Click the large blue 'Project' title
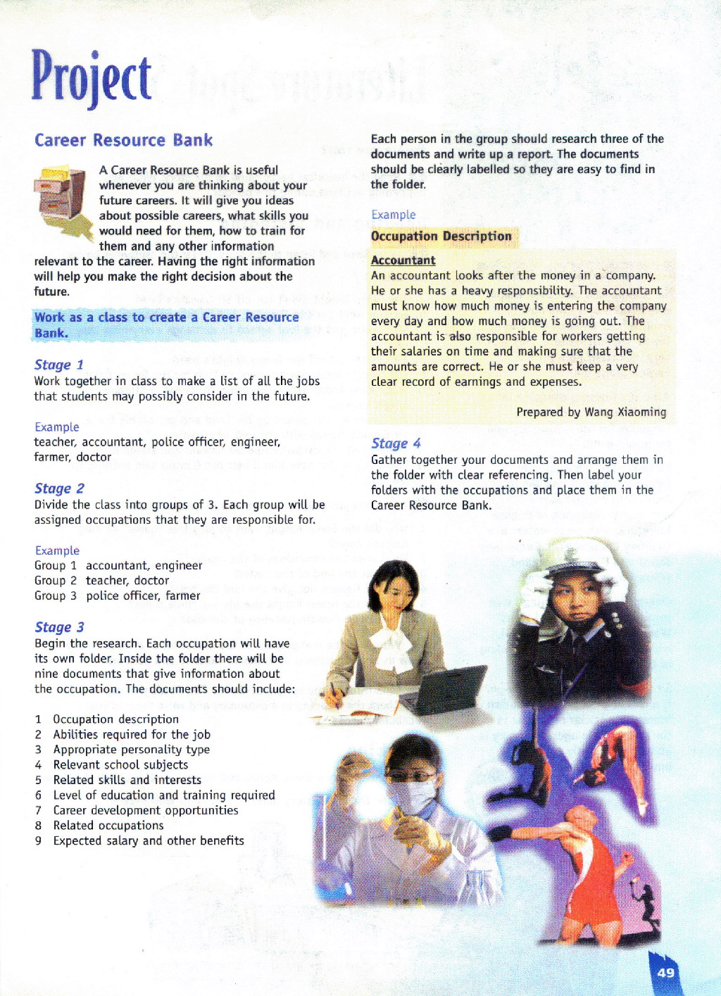pyautogui.click(x=92, y=77)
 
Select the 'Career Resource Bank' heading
pyautogui.click(x=123, y=140)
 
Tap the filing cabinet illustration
pyautogui.click(x=62, y=199)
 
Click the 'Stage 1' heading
pyautogui.click(x=59, y=365)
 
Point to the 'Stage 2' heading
pyautogui.click(x=59, y=488)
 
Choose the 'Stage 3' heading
pyautogui.click(x=59, y=627)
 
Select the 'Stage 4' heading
pyautogui.click(x=396, y=443)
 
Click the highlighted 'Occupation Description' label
pyautogui.click(x=441, y=237)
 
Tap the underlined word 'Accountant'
pyautogui.click(x=403, y=260)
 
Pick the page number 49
pyautogui.click(x=665, y=973)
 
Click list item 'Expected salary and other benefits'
pyautogui.click(x=149, y=841)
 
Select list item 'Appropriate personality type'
pyautogui.click(x=132, y=750)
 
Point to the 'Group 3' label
pyautogui.click(x=55, y=596)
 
